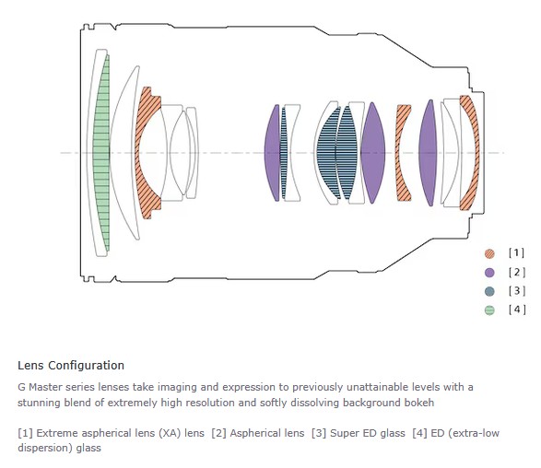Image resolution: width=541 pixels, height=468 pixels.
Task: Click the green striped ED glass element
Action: [x=101, y=153]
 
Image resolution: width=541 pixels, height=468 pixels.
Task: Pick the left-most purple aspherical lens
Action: [x=272, y=153]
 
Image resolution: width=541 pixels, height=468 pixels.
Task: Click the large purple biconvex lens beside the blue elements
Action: [x=372, y=153]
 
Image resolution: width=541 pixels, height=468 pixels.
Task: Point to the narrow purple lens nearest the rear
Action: [x=428, y=153]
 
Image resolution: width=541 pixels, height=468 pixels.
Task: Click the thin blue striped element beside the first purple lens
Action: [x=284, y=153]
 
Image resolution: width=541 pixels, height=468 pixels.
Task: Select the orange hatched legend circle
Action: [x=489, y=254]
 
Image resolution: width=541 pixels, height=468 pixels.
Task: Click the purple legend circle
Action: [x=489, y=273]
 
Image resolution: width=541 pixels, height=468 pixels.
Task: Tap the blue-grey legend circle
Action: [x=489, y=291]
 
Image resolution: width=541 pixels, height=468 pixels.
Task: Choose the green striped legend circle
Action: [x=489, y=310]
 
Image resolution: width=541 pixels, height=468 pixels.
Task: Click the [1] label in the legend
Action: [x=516, y=252]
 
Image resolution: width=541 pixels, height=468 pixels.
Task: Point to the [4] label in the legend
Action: [x=517, y=310]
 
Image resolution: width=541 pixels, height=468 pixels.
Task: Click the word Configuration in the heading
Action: [x=87, y=366]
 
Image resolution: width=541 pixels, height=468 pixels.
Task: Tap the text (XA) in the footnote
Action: [x=170, y=433]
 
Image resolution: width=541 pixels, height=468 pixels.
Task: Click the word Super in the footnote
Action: [x=342, y=434]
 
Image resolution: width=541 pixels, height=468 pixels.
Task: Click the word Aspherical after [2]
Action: [x=267, y=434]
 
